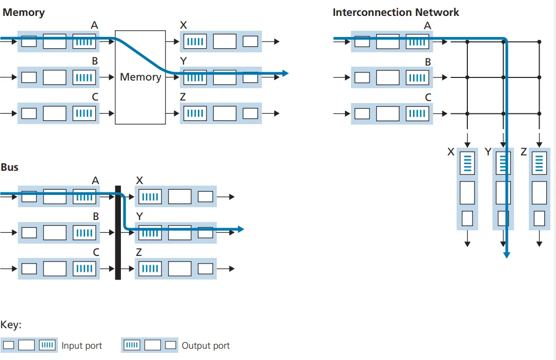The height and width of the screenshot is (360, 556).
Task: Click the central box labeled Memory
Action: pos(140,77)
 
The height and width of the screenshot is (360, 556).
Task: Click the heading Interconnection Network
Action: pos(396,12)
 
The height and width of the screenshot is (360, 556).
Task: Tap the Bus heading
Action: pos(10,167)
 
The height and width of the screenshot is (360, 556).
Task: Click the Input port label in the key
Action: pos(81,346)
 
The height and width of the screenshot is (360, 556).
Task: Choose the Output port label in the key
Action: pos(205,346)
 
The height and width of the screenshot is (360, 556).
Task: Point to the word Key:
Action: pos(11,325)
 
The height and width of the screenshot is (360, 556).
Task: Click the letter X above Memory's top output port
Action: pos(184,25)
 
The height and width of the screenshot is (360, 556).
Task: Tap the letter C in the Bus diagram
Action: pos(96,252)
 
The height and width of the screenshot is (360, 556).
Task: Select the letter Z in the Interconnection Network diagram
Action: pos(523,152)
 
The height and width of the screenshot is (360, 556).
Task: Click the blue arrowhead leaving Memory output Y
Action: pos(285,73)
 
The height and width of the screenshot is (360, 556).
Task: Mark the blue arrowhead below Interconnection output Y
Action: pos(506,254)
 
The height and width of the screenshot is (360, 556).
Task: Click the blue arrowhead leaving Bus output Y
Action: pos(240,229)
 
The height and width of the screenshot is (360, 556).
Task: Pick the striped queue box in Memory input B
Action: pos(84,77)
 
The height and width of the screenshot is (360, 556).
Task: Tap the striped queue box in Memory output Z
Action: pos(195,113)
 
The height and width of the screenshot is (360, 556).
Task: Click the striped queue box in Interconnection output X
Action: pos(467,163)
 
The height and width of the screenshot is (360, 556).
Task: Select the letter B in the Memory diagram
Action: pos(95,61)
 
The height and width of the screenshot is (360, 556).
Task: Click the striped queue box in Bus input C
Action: pos(84,268)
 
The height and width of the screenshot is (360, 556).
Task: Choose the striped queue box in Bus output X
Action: pos(150,196)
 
